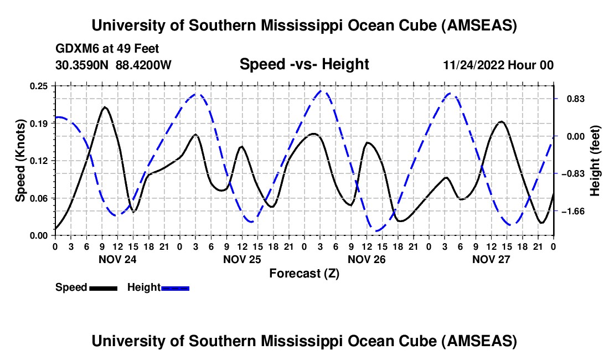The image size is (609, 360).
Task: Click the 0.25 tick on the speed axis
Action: click(40, 86)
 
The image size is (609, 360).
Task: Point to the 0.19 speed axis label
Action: click(40, 123)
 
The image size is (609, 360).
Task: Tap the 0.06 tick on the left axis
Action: click(40, 198)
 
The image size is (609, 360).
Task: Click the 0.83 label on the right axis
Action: click(571, 99)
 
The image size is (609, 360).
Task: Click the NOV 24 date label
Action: click(117, 259)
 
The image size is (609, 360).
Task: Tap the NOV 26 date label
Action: click(366, 259)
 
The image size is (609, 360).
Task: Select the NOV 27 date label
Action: click(491, 259)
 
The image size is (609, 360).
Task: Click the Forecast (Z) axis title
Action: click(304, 273)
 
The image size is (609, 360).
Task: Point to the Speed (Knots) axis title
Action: click(20, 161)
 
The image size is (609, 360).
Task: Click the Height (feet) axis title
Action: click(595, 161)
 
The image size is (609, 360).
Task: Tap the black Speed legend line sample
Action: click(102, 287)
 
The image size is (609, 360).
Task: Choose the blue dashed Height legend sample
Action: click(175, 287)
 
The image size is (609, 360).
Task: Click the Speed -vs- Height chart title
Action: click(304, 65)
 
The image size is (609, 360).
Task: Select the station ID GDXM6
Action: click(74, 49)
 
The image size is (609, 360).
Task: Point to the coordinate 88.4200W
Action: click(144, 65)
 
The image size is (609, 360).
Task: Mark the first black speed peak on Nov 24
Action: click(105, 107)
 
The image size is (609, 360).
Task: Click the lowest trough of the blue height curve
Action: click(377, 231)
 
